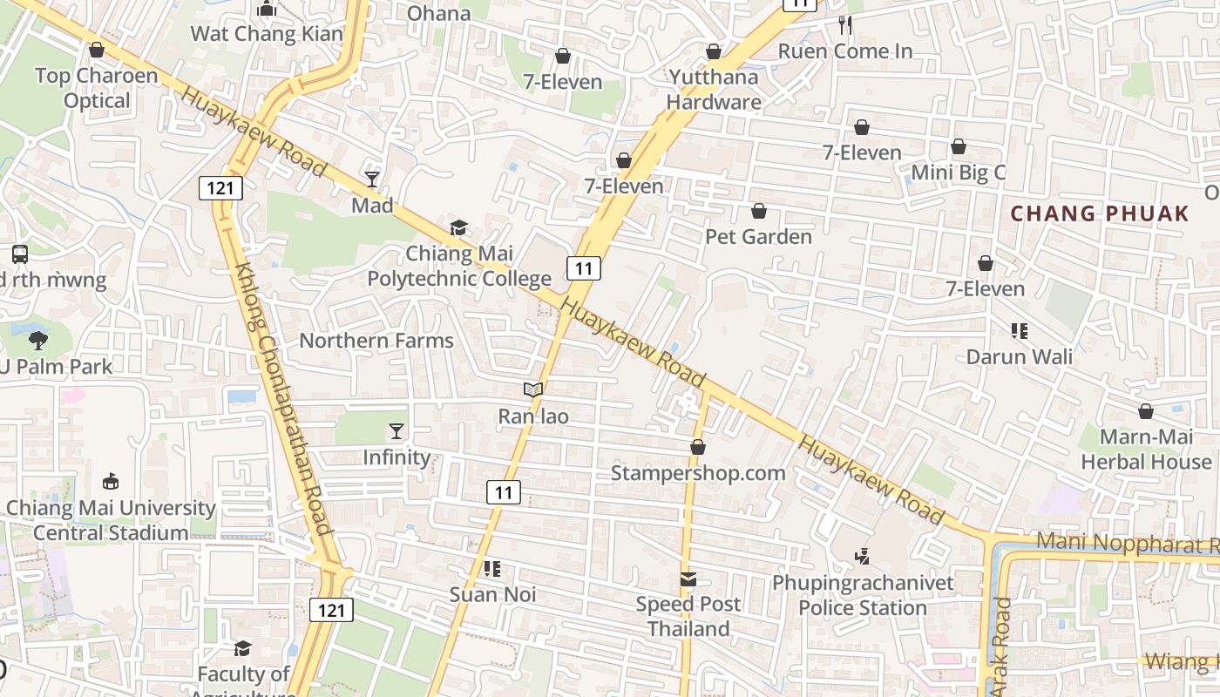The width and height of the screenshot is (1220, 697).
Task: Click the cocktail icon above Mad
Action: pos(372,179)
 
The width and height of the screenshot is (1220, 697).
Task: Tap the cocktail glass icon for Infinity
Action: pos(396,431)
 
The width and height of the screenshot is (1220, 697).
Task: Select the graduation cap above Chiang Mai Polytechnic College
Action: pos(458,228)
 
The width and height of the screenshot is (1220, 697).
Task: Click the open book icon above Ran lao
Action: pos(533,390)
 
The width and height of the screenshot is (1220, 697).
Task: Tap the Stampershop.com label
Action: pos(698,473)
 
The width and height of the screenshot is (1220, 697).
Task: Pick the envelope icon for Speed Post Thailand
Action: pos(688,579)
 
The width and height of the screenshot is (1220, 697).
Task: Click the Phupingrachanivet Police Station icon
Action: pos(862,556)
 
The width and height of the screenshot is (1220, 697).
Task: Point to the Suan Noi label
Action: pos(492,595)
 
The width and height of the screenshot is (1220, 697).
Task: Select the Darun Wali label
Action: pos(1019,356)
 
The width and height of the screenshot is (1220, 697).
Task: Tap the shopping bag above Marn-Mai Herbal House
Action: pos(1146,411)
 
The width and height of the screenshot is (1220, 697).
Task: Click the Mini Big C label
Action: pos(958,173)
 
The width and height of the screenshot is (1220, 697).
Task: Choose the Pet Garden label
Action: pos(758,237)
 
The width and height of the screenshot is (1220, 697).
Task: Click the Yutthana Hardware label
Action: pos(714,90)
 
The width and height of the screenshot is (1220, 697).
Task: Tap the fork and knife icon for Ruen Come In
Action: pos(844,25)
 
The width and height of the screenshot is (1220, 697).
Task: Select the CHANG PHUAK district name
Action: pos(1100,213)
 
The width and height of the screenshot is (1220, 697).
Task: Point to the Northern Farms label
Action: pos(376,341)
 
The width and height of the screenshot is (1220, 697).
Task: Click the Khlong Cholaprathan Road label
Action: pos(283,400)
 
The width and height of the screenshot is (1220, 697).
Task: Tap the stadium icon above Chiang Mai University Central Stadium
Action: pos(111,481)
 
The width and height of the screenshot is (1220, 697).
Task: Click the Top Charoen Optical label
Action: pos(97,88)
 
